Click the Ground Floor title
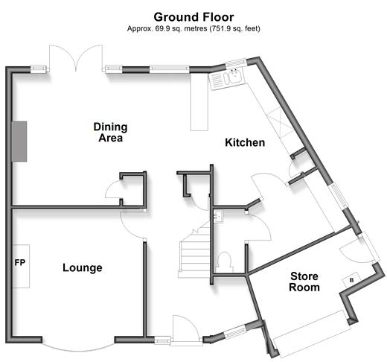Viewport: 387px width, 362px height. point(193,17)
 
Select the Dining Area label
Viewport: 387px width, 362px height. point(111,132)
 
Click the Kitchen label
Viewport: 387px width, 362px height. point(245,142)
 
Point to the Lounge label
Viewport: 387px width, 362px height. point(83,267)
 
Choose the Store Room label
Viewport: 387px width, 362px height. point(304,282)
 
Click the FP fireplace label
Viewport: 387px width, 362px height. point(20,262)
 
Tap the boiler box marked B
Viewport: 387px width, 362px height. point(351,280)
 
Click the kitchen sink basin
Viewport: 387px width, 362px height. point(234,77)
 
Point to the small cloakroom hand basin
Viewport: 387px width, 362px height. point(219,215)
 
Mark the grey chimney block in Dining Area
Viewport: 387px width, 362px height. point(19,142)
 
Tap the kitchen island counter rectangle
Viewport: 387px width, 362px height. point(199,102)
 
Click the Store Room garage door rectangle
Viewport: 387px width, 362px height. point(312,334)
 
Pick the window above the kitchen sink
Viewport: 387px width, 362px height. point(236,63)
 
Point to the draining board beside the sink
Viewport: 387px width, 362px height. point(217,80)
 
